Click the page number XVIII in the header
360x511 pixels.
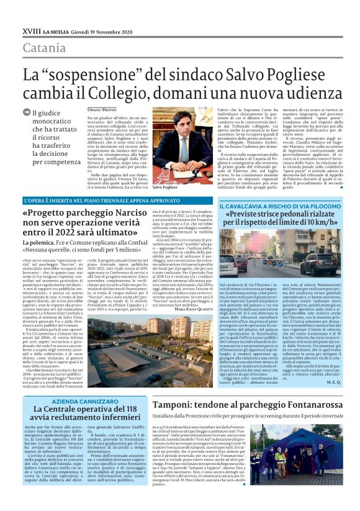(30, 30)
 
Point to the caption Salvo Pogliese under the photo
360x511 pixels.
(164, 187)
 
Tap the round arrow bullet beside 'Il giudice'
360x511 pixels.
(28, 113)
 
